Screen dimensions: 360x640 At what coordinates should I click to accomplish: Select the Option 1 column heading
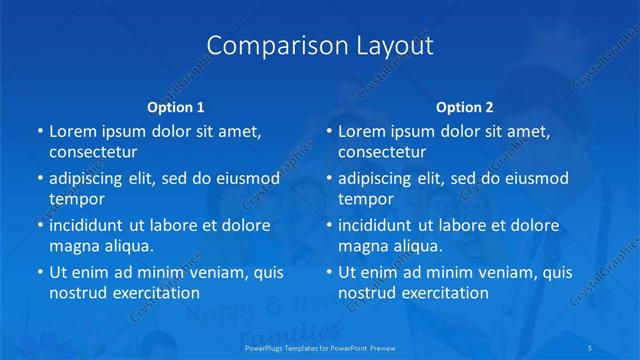click(176, 106)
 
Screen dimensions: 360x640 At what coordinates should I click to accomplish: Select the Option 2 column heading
click(465, 106)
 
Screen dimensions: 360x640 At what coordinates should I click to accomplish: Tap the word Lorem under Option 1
click(71, 131)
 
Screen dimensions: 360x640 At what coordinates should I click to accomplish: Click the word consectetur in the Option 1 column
click(93, 152)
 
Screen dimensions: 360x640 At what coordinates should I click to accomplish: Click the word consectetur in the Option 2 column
click(382, 152)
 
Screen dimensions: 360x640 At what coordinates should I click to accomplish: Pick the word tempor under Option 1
click(77, 199)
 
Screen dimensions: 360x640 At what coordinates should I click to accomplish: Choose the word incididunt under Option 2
click(378, 225)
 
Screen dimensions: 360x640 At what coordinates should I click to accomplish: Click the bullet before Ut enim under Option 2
click(329, 272)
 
